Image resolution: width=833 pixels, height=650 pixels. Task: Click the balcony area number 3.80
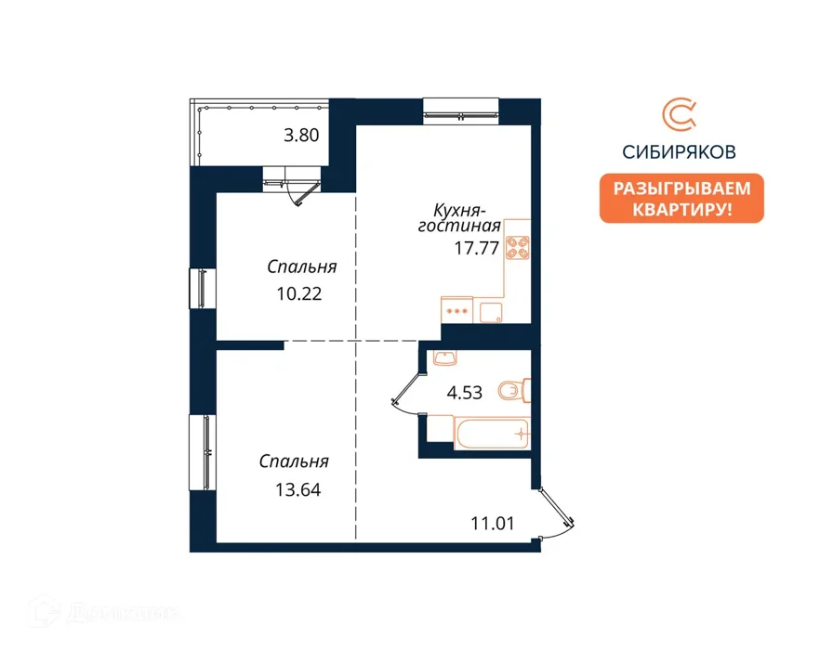(x=301, y=136)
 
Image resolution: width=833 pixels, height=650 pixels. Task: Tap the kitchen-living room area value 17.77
(x=477, y=248)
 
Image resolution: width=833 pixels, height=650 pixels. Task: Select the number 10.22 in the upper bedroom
(x=299, y=294)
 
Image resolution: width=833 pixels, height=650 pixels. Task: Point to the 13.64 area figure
(x=298, y=489)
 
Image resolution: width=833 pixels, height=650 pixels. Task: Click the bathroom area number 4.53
(x=465, y=393)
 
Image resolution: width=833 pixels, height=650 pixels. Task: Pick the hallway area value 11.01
(x=493, y=524)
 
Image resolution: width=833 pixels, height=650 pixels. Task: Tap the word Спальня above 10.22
(x=302, y=266)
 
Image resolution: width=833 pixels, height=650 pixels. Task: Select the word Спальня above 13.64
(x=294, y=461)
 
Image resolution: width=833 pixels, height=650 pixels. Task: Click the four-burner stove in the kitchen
(x=518, y=247)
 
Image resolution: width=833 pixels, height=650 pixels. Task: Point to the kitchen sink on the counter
(x=491, y=313)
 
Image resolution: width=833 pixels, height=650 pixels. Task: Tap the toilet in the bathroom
(x=514, y=391)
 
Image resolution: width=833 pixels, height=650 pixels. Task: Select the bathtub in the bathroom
(x=493, y=433)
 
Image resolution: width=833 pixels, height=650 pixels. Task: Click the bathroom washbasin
(x=444, y=357)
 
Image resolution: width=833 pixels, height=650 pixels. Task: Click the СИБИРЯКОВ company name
(x=679, y=152)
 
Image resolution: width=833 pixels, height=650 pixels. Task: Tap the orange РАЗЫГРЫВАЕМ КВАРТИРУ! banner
(x=681, y=199)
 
